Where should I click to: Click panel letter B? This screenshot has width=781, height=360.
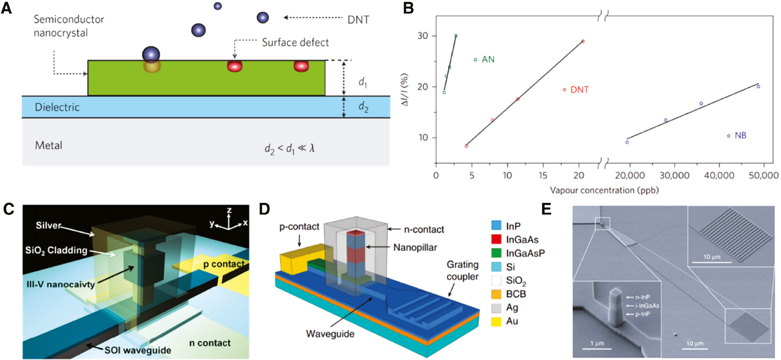click(x=408, y=8)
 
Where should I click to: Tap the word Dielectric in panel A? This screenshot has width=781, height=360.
click(x=57, y=107)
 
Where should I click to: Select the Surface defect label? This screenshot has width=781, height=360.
click(x=295, y=42)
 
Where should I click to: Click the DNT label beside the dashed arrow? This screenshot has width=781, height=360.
click(x=358, y=19)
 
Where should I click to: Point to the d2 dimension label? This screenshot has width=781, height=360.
click(x=363, y=106)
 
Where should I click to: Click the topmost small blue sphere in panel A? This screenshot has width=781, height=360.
click(x=218, y=6)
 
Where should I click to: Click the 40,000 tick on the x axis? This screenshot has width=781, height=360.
click(x=719, y=175)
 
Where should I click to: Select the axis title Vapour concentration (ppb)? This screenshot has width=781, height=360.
click(x=604, y=190)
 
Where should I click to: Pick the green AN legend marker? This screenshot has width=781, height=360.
click(x=475, y=59)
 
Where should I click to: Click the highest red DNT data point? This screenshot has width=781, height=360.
click(x=583, y=41)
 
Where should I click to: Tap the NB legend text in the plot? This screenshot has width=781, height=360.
click(x=740, y=135)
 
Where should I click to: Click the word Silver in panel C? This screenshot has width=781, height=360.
click(x=49, y=225)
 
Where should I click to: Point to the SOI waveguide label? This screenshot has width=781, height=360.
click(x=138, y=350)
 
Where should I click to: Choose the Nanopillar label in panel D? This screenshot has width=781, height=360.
click(x=415, y=247)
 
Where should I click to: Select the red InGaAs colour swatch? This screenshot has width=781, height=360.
click(x=496, y=239)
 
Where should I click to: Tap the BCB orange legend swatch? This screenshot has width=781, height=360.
click(x=496, y=294)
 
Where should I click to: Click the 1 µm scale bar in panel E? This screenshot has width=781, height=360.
click(x=597, y=348)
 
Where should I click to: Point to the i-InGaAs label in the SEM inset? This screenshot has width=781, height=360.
click(x=647, y=306)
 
